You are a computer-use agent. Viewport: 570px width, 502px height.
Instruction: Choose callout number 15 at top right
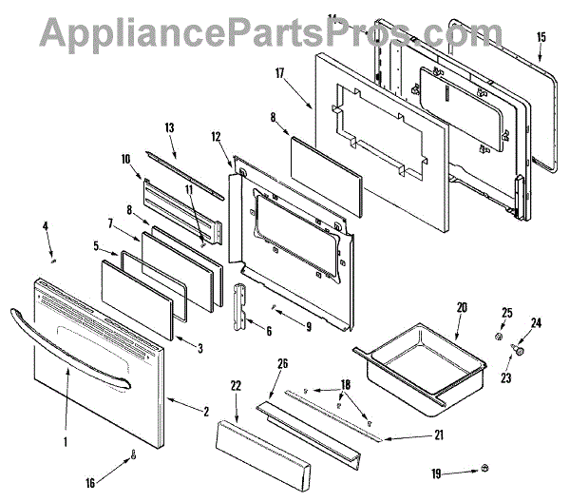[541, 37]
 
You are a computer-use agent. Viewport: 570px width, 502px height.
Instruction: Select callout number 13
[171, 127]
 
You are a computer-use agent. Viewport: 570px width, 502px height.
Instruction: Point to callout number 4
[45, 225]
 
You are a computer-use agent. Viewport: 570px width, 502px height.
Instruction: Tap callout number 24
[534, 323]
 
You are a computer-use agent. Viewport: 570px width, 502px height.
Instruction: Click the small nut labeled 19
[484, 469]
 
